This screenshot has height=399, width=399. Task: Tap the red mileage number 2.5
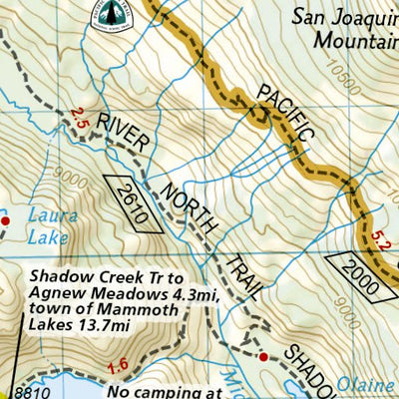[81, 120]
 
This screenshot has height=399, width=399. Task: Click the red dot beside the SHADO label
[263, 355]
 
